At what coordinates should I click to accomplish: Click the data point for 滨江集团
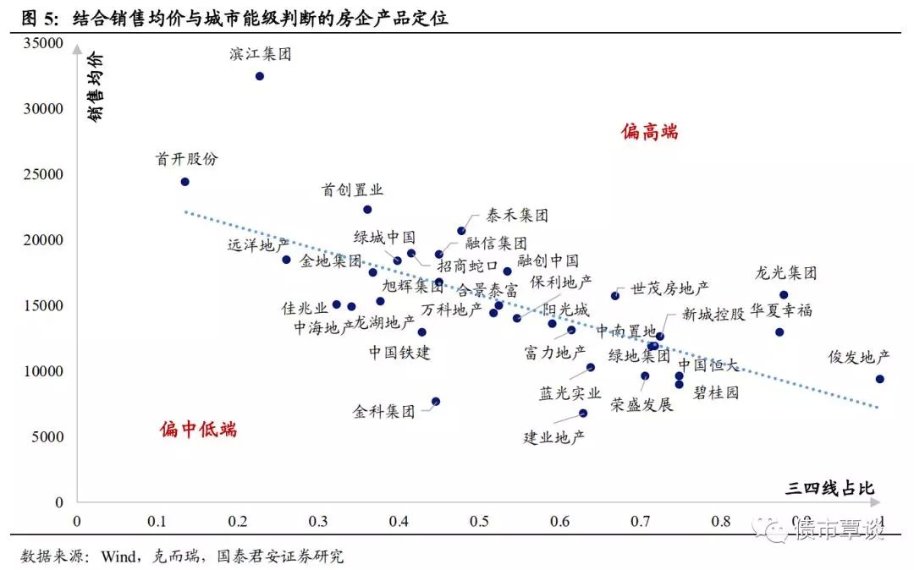pos(260,76)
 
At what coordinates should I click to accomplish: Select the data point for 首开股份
pos(185,182)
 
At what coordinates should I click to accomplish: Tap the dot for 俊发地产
pos(879,379)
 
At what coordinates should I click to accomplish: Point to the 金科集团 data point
pos(436,402)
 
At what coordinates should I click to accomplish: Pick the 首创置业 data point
pos(367,210)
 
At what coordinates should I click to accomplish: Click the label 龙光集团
pos(786,274)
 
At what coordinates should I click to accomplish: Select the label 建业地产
pos(554,437)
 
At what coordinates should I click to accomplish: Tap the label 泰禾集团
pos(517,216)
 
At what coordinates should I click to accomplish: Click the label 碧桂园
pos(716,393)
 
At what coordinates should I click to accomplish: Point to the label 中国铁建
pos(399,352)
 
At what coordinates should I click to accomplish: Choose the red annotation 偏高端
pos(650,132)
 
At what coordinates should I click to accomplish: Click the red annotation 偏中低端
pos(199,430)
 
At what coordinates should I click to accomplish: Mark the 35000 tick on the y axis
pos(43,43)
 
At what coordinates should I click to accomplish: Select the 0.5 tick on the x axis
pos(479,521)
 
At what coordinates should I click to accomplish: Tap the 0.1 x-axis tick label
pos(157,521)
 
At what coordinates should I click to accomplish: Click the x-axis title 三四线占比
pos(829,488)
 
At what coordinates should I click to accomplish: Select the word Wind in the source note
pos(122,556)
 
